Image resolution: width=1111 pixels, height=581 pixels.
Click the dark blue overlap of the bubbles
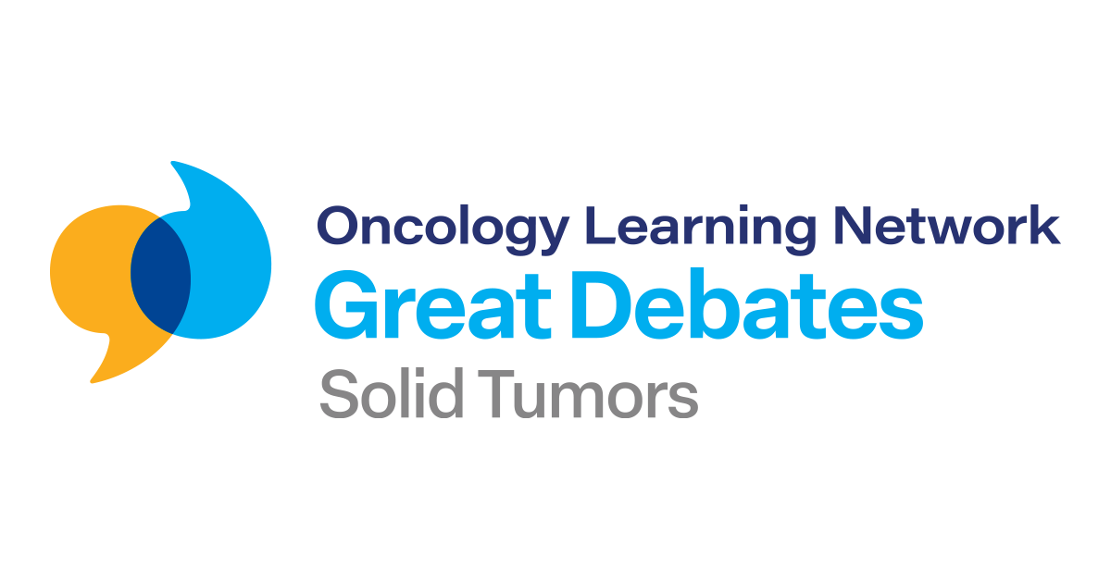tap(160, 275)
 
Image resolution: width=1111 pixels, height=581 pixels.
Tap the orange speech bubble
tap(88, 278)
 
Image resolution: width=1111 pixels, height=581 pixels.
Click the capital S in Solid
tap(336, 396)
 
